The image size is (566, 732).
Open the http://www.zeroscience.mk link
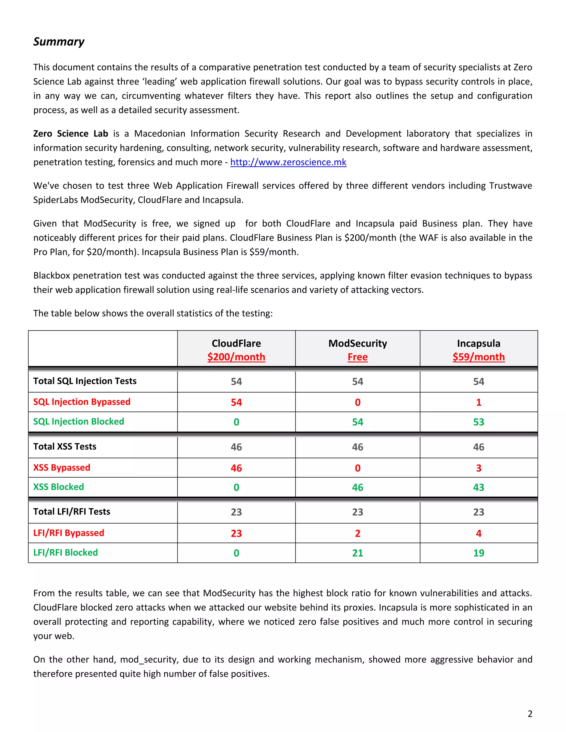coord(288,162)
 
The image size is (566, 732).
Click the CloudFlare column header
coord(236,343)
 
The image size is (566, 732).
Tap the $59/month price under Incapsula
coord(478,357)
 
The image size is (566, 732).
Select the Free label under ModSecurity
coord(357,357)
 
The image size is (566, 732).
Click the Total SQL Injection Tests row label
coord(85,381)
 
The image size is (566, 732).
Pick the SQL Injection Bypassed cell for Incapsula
coord(478,402)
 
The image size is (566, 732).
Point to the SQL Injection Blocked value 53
coord(478,422)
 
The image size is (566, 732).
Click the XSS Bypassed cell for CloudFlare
coord(236,468)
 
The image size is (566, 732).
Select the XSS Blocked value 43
coord(478,487)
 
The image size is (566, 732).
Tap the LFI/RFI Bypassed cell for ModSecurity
coord(357,533)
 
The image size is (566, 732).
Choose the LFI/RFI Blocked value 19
coord(478,553)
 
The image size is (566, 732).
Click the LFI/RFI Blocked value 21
coord(357,553)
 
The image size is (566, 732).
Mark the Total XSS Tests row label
coord(65,447)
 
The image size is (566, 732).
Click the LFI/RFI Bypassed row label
coord(69,533)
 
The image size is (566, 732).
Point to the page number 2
coord(530,713)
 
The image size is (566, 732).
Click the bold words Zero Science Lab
coord(70,134)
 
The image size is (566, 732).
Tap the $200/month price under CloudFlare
coord(236,357)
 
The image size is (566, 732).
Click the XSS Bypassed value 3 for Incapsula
coord(478,468)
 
